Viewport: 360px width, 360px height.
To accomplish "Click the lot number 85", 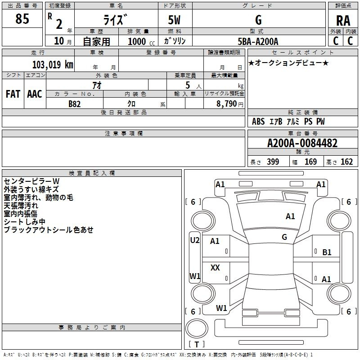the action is click(22, 18).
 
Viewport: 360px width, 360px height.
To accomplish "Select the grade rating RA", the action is click(343, 21).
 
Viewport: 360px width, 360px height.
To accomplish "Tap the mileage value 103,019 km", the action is click(53, 65).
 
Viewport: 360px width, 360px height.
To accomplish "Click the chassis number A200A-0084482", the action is click(302, 143).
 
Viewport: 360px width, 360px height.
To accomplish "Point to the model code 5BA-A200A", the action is click(258, 41).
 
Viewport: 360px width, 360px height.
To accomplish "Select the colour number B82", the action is click(74, 104).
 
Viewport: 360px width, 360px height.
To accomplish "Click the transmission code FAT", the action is click(13, 94).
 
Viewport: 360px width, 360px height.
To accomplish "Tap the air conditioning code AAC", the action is click(35, 94).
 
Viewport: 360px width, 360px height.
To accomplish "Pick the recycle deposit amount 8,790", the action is click(226, 104).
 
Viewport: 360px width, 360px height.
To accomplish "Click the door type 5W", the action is click(174, 20).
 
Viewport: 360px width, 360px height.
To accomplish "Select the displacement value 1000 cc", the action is click(141, 41).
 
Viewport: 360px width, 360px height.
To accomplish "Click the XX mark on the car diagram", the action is click(215, 267).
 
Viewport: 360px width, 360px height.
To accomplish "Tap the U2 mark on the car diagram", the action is click(195, 240).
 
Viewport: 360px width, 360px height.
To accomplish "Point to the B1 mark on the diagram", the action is click(327, 252).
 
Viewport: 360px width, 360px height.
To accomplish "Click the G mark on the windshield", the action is click(284, 237).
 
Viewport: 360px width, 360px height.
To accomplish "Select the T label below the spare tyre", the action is click(197, 344).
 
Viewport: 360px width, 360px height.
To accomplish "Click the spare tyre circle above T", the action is click(197, 328).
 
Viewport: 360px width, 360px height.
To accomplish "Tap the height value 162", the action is click(346, 162).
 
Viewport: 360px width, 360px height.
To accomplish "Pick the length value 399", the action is click(273, 162).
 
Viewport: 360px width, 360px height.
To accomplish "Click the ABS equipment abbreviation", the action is click(258, 121).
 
